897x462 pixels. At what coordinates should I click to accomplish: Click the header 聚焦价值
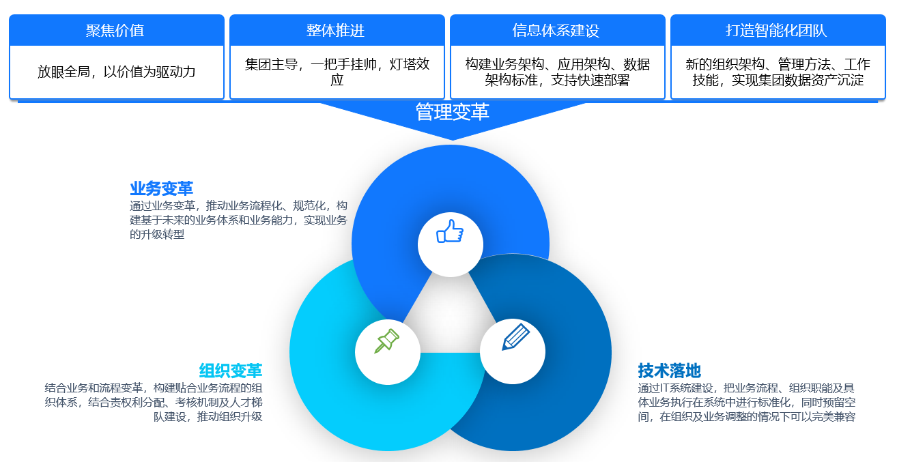click(115, 31)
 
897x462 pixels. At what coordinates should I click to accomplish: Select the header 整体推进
click(336, 31)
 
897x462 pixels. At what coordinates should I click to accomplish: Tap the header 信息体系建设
click(556, 31)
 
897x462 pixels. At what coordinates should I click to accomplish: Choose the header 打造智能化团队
click(776, 31)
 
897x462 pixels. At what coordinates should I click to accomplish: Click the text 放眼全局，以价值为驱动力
click(117, 72)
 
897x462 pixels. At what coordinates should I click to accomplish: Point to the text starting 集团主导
click(337, 72)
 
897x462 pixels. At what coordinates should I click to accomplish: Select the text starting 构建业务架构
click(558, 72)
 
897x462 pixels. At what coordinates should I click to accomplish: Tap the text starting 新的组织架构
click(778, 72)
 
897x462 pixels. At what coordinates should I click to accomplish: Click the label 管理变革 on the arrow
click(453, 112)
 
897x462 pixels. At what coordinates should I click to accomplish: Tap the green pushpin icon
click(387, 341)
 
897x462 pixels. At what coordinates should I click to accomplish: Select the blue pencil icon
click(516, 336)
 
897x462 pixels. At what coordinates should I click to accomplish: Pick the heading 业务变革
click(161, 188)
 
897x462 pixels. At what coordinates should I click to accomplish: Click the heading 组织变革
click(231, 371)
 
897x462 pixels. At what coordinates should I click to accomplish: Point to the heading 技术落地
click(670, 371)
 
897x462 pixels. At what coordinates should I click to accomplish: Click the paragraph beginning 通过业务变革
click(238, 220)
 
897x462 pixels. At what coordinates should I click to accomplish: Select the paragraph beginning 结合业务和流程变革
click(154, 402)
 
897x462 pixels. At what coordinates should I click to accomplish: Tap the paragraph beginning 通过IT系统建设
click(746, 402)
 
